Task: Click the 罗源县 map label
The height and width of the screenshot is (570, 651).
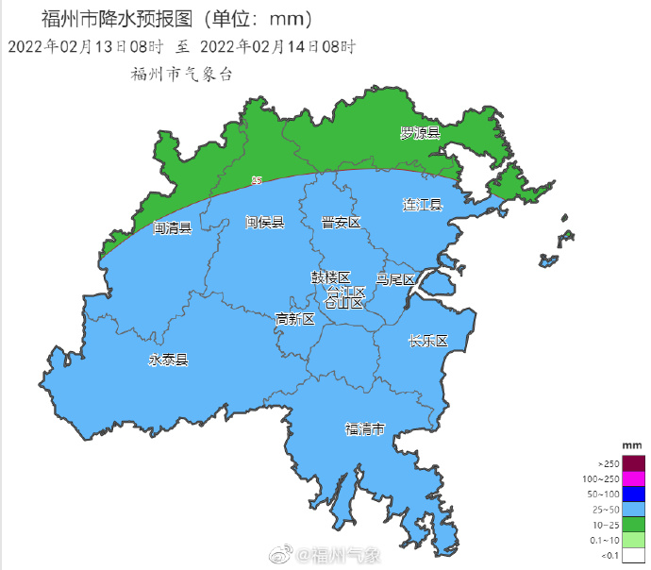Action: pos(420,133)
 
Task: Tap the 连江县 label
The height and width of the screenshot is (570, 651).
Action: pos(423,205)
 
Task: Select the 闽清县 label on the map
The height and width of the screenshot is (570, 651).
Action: pos(173,227)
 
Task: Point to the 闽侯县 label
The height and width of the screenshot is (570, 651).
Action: pos(265,223)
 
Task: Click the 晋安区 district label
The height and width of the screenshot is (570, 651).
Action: pos(341,223)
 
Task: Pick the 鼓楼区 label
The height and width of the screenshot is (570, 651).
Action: pos(331,277)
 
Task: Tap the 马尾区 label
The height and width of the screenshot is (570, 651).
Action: pos(394,279)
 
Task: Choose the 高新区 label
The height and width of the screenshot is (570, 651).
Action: pos(295,320)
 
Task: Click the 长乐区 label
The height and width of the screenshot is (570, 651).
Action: pos(427,341)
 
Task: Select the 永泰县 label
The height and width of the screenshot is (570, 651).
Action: pos(168,360)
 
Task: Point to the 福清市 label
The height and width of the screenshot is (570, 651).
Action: pos(365,429)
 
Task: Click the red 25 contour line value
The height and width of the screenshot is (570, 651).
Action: pos(257,179)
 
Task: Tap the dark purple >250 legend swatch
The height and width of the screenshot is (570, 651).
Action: pos(633,463)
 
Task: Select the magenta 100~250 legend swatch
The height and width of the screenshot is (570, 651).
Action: pos(633,478)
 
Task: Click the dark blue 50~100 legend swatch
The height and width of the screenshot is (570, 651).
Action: pos(633,494)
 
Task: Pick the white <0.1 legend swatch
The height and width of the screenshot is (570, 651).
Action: pos(633,555)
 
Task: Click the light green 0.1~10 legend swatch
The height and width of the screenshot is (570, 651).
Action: pos(633,540)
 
